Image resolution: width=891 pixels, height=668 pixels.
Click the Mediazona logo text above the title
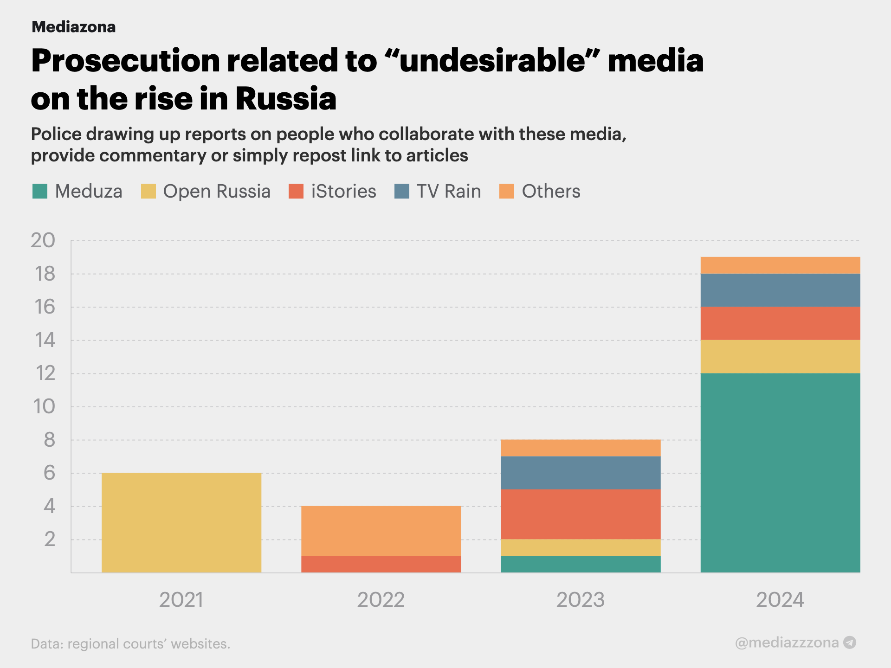pyautogui.click(x=73, y=27)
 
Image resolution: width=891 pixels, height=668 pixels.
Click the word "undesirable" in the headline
pyautogui.click(x=492, y=61)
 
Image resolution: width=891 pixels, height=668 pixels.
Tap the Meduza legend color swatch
pyautogui.click(x=40, y=191)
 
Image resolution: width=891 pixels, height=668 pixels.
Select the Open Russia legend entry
pyautogui.click(x=206, y=191)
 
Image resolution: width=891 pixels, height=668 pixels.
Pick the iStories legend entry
pyautogui.click(x=332, y=191)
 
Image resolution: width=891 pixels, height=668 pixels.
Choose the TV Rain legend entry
pyautogui.click(x=438, y=191)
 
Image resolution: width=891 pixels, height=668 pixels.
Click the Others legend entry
pyautogui.click(x=540, y=191)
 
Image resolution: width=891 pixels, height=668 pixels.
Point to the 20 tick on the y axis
pyautogui.click(x=43, y=240)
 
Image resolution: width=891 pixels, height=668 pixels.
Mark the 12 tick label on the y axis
pyautogui.click(x=45, y=373)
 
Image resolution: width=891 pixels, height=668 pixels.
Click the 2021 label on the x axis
pyautogui.click(x=181, y=600)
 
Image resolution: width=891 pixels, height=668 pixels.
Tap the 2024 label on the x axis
pyautogui.click(x=780, y=600)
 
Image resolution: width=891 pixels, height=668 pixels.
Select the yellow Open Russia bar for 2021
pyautogui.click(x=181, y=523)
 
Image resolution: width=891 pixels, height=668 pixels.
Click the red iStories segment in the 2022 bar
pyautogui.click(x=381, y=564)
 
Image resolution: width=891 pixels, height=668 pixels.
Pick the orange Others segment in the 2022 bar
pyautogui.click(x=381, y=531)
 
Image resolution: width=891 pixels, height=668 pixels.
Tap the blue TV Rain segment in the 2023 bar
pyautogui.click(x=581, y=473)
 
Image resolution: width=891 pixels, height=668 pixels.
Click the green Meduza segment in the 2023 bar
pyautogui.click(x=581, y=564)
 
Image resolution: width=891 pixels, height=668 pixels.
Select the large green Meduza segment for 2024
pyautogui.click(x=780, y=473)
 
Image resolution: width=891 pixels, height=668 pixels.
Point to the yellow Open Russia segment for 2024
pyautogui.click(x=780, y=357)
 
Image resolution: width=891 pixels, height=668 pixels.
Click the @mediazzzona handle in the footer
pyautogui.click(x=787, y=642)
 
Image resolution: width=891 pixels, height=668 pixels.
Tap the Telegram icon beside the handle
pyautogui.click(x=850, y=642)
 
